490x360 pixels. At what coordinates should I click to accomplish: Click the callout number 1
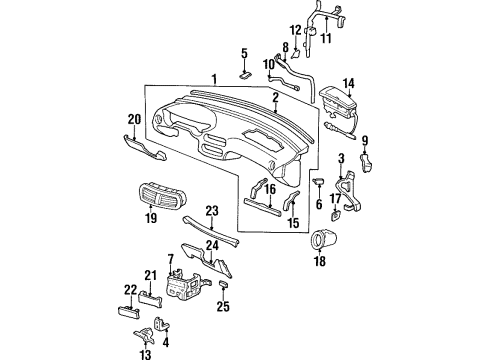(x=215, y=79)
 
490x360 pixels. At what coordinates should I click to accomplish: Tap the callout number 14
(x=349, y=83)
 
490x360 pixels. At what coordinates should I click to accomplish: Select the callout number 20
(x=135, y=119)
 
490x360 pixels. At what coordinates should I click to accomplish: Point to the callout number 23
(x=212, y=211)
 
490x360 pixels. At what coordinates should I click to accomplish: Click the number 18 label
(x=320, y=261)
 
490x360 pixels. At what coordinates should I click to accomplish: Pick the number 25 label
(x=223, y=306)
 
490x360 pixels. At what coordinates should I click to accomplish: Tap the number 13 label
(x=146, y=354)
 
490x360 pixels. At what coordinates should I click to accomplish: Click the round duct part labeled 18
(x=324, y=239)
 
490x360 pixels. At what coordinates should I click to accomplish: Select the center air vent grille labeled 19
(x=162, y=195)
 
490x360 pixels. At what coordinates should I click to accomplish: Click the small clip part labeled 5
(x=245, y=75)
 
